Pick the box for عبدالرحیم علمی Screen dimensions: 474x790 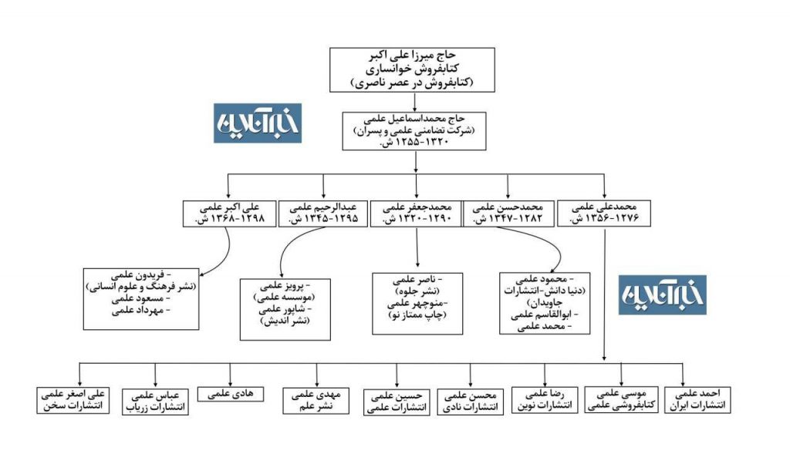point(322,213)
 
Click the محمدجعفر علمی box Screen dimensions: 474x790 point(416,213)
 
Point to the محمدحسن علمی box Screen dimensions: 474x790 point(508,213)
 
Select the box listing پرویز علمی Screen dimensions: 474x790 point(286,308)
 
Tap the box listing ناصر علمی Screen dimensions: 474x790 point(417,302)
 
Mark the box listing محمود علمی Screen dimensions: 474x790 point(542,302)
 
